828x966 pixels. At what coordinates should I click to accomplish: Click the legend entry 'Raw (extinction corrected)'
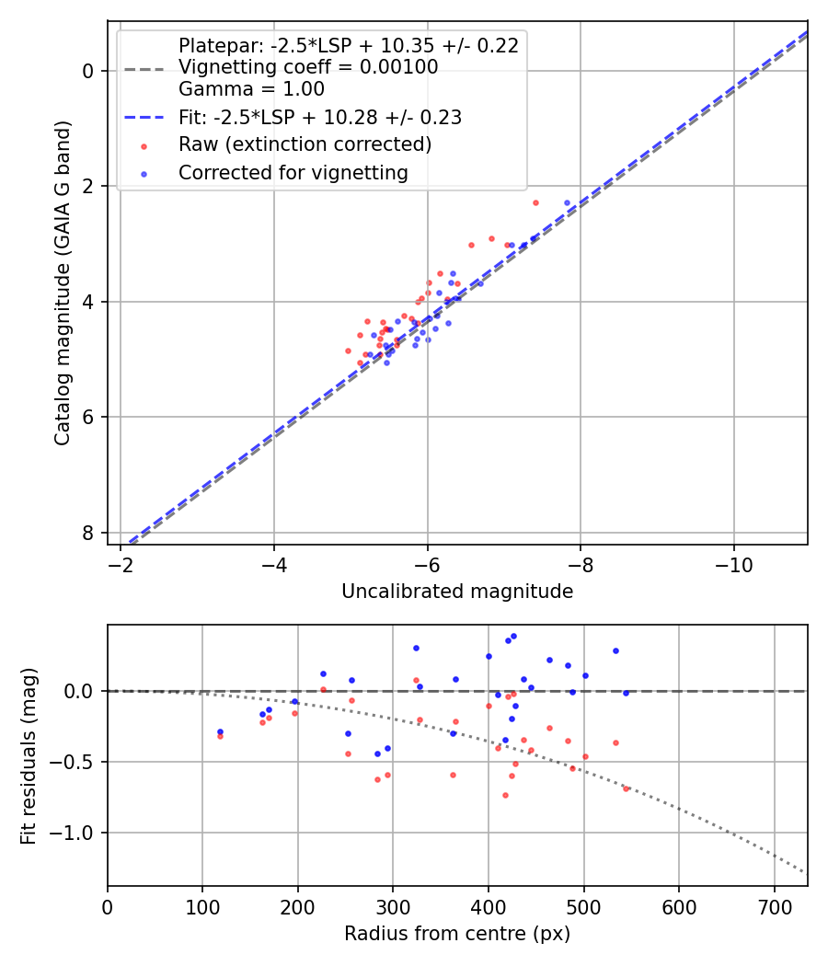305,144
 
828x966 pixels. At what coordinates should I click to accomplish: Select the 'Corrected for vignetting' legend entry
293,172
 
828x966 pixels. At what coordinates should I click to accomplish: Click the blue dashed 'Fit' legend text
320,117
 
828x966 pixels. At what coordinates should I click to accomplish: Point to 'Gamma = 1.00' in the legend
251,89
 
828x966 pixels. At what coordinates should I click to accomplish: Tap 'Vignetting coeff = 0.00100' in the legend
308,67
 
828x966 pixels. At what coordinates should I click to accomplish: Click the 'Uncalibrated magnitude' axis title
457,592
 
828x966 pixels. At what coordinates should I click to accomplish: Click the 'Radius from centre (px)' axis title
457,934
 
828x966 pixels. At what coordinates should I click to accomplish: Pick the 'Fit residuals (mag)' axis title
29,755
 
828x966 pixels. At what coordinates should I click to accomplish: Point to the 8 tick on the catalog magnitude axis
89,533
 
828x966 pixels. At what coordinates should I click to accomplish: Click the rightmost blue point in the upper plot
567,202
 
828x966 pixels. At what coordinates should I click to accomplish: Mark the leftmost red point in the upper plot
348,351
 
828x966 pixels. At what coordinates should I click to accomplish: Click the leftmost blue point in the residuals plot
220,731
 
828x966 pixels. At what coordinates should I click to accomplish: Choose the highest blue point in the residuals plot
513,636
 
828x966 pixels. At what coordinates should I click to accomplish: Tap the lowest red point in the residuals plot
505,795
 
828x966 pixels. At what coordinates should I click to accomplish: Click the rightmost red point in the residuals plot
626,788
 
